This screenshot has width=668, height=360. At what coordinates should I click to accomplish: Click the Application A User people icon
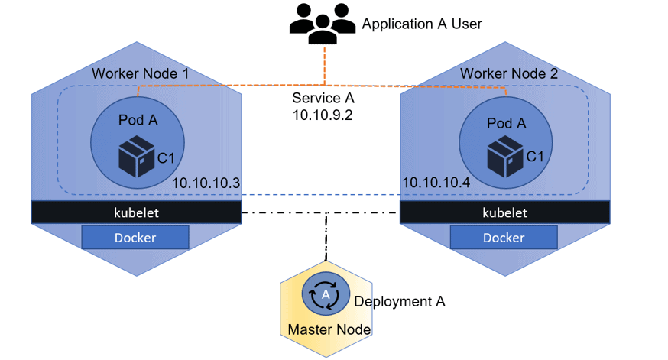coord(323,24)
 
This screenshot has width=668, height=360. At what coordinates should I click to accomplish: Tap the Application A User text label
coord(421,24)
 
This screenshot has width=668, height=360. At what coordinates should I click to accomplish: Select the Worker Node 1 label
coord(140,74)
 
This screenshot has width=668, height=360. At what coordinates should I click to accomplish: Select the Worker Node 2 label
coord(508,74)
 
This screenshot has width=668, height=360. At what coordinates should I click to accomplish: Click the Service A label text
coord(323,99)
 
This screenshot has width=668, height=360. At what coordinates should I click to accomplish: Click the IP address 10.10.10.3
coord(206,183)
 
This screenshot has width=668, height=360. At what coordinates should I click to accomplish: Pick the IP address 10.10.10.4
coord(436,183)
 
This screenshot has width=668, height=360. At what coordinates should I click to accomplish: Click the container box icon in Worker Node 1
coord(136,156)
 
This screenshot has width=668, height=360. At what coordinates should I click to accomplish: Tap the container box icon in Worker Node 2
coord(504,156)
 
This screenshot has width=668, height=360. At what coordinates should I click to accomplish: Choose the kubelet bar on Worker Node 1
coord(136,212)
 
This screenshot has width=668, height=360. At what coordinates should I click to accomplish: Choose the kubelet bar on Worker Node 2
coord(504,212)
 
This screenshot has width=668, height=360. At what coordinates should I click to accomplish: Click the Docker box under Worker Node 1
coord(135,238)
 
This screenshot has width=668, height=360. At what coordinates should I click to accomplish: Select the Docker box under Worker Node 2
coord(504,238)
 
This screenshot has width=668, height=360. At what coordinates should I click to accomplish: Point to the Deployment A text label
coord(399,301)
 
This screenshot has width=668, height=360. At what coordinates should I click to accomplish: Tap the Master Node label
coord(329,330)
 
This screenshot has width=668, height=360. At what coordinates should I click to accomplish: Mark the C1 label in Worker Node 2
coord(536,157)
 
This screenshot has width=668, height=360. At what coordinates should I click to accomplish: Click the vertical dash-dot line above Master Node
coord(326,237)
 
